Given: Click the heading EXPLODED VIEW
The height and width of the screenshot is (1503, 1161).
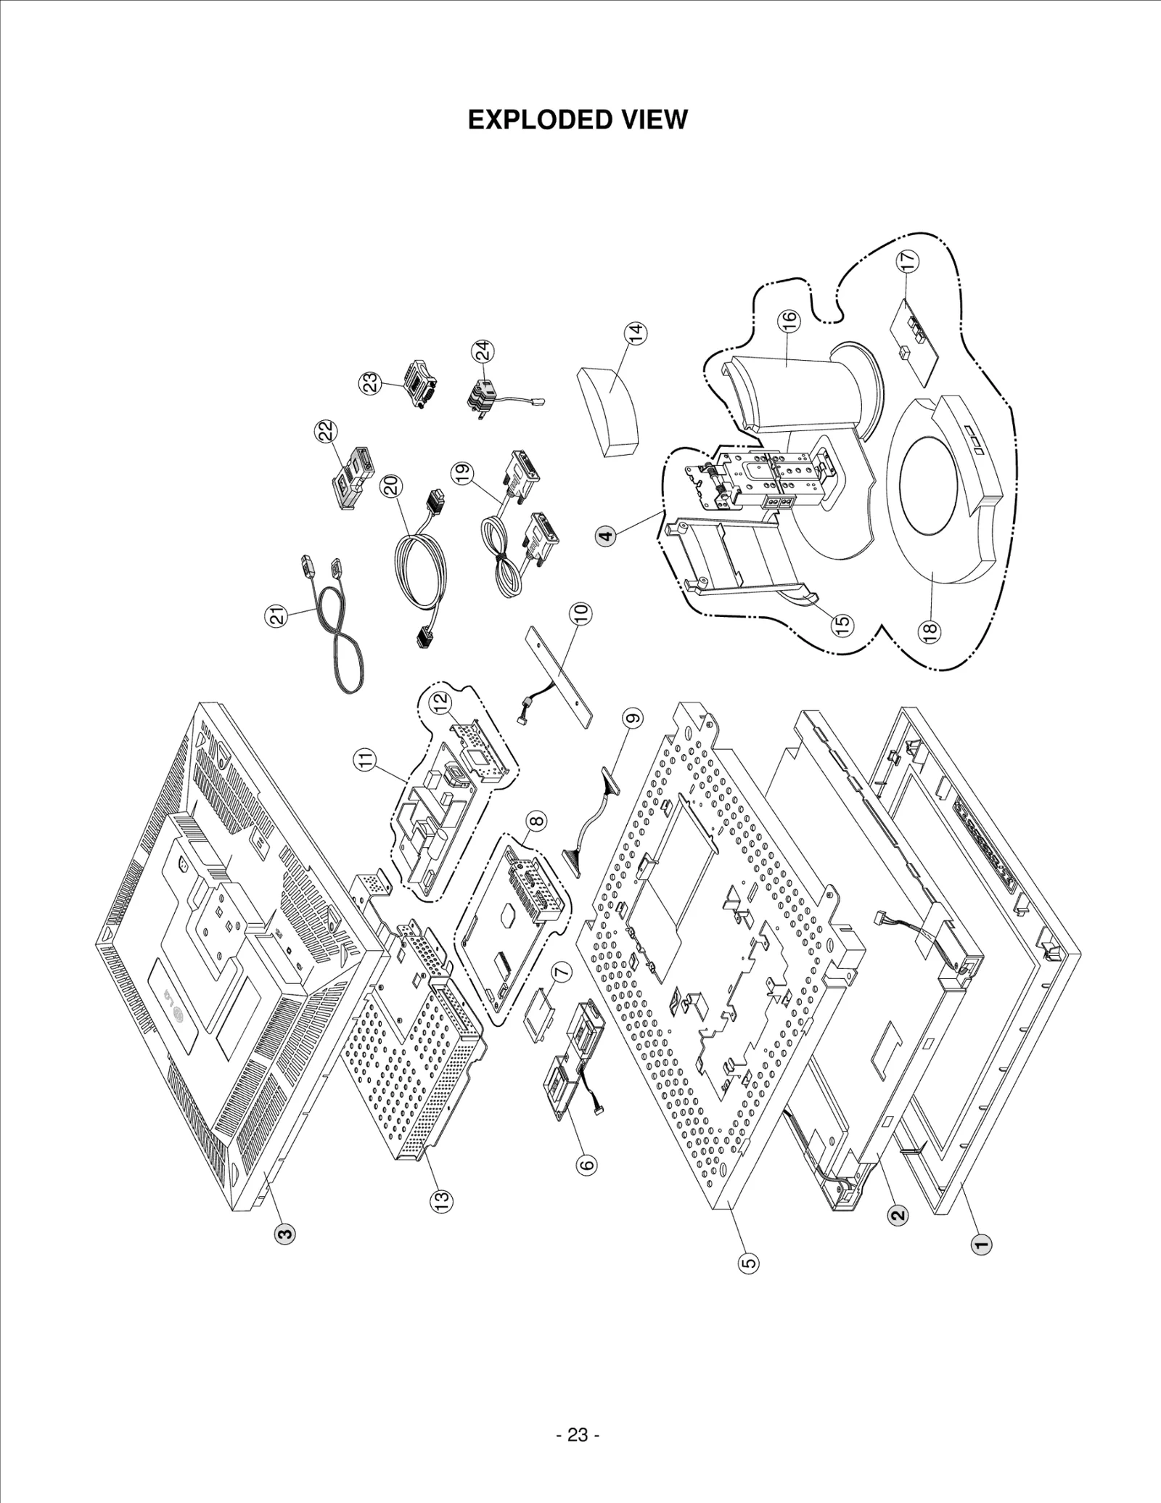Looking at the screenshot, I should (x=577, y=120).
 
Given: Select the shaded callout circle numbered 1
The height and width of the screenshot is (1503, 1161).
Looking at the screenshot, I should (x=981, y=1245).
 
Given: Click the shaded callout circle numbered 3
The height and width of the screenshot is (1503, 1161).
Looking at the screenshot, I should (x=284, y=1233).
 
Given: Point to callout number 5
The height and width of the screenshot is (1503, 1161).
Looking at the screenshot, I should (x=749, y=1263).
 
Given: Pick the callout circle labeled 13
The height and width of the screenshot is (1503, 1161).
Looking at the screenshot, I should (x=442, y=1200).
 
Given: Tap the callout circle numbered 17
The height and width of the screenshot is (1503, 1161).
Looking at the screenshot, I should (x=908, y=261).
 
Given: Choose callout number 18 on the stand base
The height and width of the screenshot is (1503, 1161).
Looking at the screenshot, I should (x=931, y=630).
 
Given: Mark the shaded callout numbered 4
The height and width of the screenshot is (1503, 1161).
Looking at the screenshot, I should (x=605, y=536).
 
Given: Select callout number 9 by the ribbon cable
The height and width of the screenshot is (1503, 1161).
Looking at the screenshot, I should (x=633, y=718).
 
